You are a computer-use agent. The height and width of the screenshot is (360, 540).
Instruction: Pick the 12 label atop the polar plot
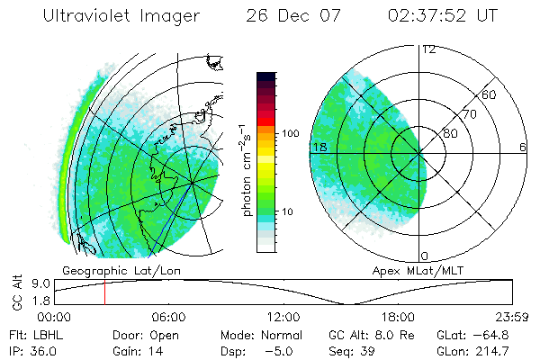click(x=428, y=49)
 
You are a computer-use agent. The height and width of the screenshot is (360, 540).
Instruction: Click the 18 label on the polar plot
click(x=319, y=146)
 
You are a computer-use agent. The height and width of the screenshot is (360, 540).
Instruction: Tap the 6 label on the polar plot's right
click(x=523, y=146)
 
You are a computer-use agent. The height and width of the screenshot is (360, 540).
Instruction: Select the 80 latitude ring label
click(x=450, y=134)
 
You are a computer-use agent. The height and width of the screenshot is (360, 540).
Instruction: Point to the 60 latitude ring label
click(x=489, y=94)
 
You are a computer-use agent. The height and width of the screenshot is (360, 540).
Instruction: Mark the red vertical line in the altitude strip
click(x=104, y=292)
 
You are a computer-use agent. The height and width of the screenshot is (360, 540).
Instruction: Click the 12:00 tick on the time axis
click(x=284, y=317)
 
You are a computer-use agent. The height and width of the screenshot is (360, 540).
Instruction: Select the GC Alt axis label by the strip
click(x=15, y=292)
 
